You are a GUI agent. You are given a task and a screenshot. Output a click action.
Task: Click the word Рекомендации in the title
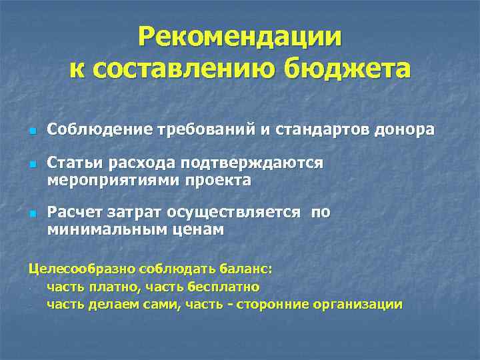click(240, 37)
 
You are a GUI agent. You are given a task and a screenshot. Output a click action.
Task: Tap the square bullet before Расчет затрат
click(31, 214)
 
